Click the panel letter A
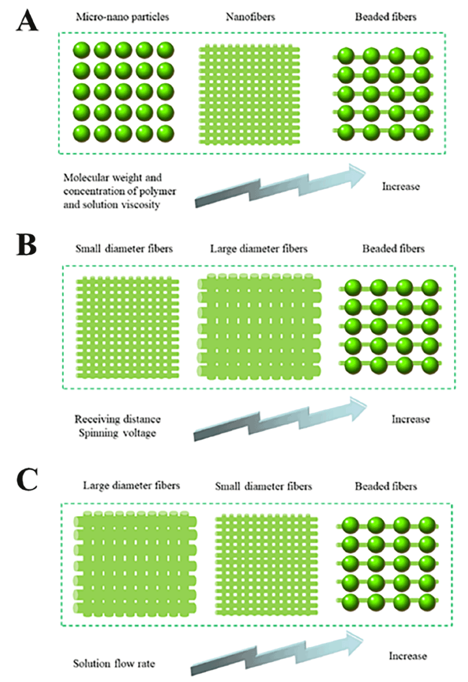[26, 22]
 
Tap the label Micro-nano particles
[122, 17]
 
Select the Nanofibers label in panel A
[250, 17]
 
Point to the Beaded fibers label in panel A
[386, 17]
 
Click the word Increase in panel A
[401, 186]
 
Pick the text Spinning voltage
[117, 433]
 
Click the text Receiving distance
[118, 419]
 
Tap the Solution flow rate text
[114, 663]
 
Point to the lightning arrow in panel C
[277, 652]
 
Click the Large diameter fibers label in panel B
[259, 249]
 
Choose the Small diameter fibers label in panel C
[263, 486]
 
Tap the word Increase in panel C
[408, 656]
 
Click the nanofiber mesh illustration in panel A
[249, 95]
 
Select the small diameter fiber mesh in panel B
[127, 328]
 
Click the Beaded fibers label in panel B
[394, 249]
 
